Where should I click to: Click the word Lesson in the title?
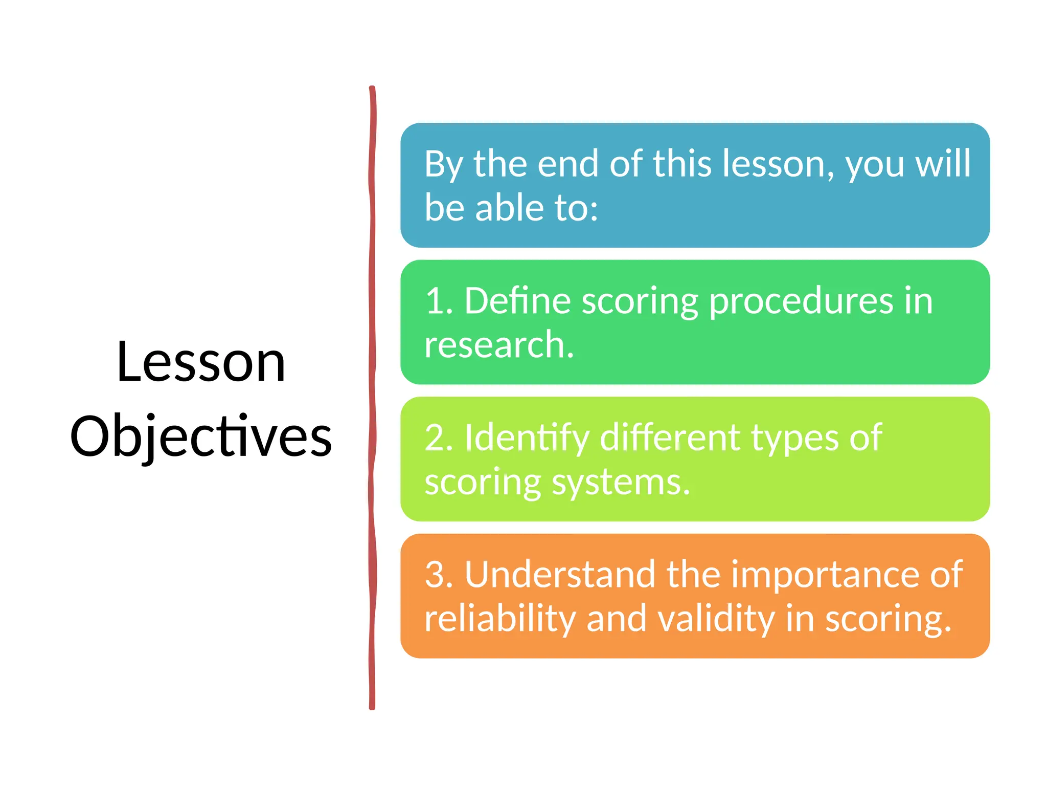click(x=201, y=362)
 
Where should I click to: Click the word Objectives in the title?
click(x=201, y=436)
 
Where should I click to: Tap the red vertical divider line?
click(x=372, y=399)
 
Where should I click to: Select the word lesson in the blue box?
click(x=779, y=164)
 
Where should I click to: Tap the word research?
click(x=499, y=345)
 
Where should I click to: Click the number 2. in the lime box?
click(x=439, y=438)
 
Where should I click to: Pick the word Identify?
click(x=527, y=439)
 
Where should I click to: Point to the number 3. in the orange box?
click(x=439, y=575)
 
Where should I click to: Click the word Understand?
click(x=560, y=575)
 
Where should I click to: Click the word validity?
click(x=716, y=619)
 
